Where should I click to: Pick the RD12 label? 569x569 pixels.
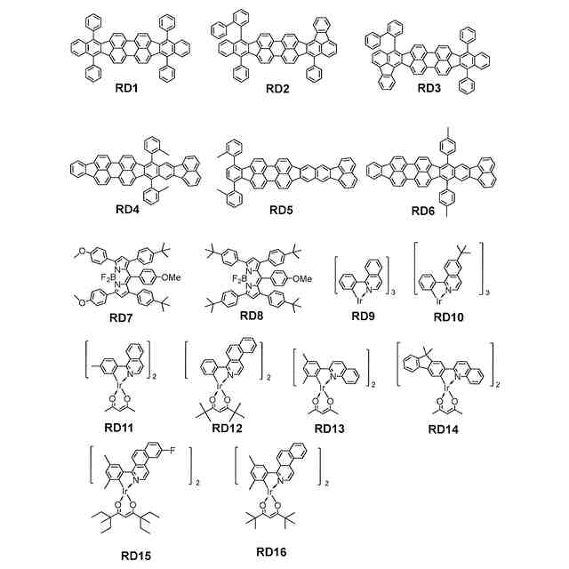230,429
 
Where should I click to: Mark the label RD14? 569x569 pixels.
445,429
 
